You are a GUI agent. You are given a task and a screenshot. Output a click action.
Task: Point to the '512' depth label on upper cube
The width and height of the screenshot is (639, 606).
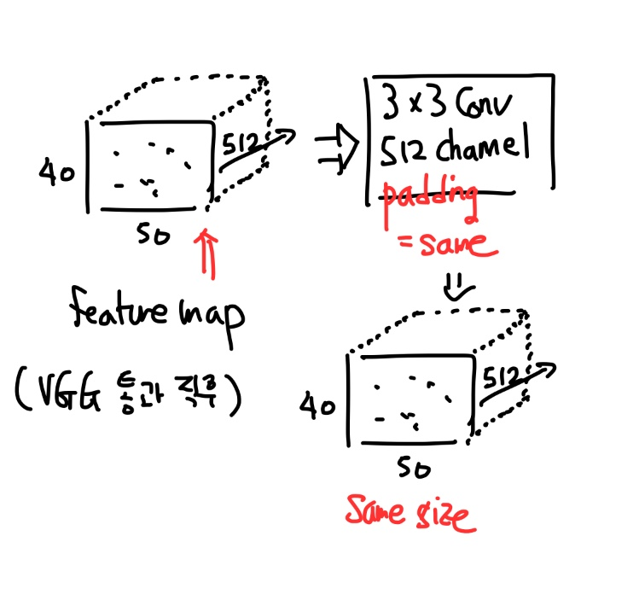(x=245, y=143)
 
